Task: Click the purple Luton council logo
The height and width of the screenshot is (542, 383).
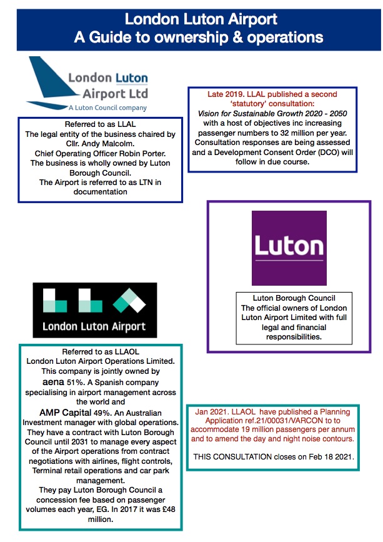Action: [x=289, y=248]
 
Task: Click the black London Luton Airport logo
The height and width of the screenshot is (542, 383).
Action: [x=95, y=310]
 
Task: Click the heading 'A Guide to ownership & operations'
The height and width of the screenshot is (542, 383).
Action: [x=198, y=37]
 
